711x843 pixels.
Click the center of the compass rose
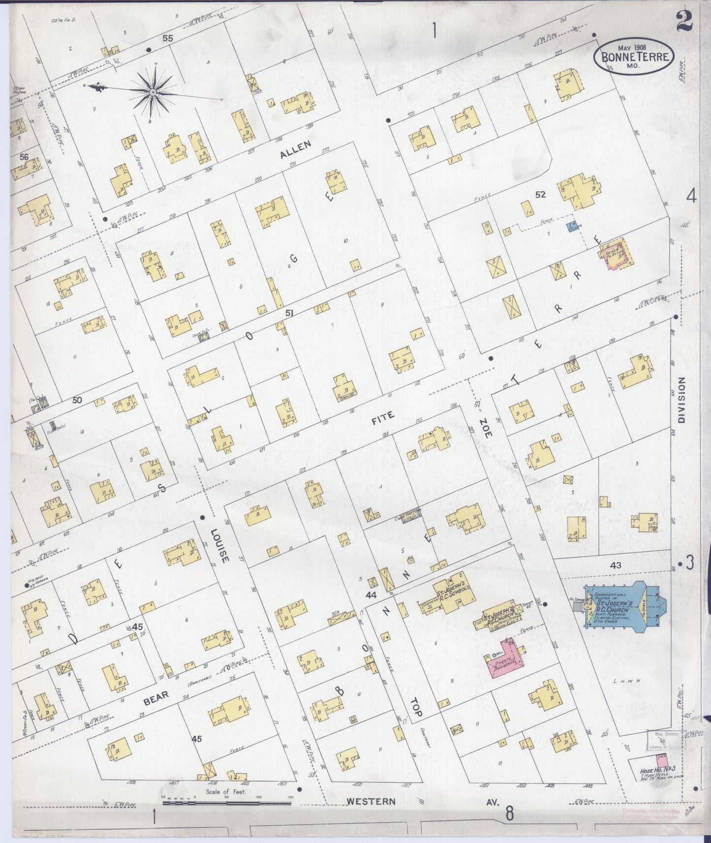pos(153,91)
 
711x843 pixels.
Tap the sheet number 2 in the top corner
pos(684,21)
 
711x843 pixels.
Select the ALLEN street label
pos(295,150)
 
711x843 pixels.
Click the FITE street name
pos(382,417)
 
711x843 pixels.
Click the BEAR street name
pos(157,695)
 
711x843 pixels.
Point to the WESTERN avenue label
pos(371,801)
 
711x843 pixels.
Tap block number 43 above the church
pos(615,565)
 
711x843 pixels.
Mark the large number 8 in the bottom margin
pos(509,813)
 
